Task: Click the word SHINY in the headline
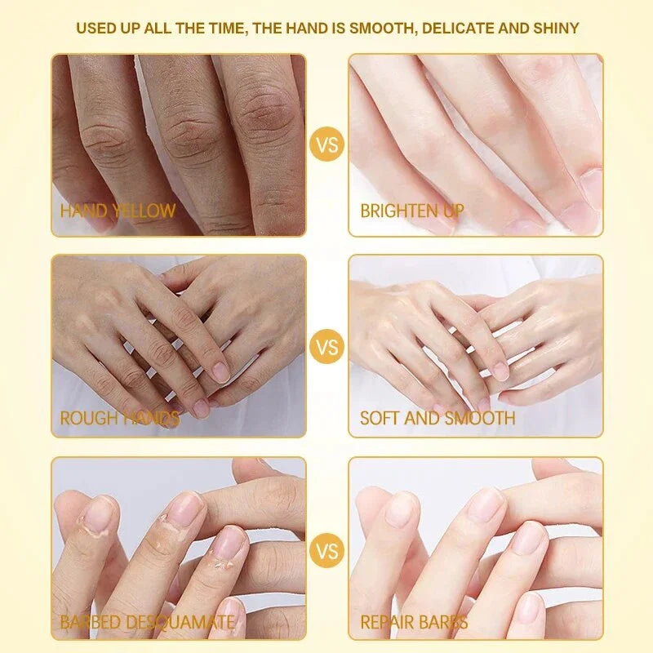[556, 28]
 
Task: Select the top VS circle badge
[326, 145]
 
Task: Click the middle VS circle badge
[326, 348]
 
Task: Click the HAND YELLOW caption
[118, 211]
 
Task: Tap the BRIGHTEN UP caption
[412, 211]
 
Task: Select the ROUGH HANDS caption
[119, 419]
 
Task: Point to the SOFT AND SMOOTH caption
[438, 419]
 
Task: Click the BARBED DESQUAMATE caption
[147, 623]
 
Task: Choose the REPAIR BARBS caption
[414, 623]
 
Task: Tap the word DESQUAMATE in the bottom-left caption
[180, 623]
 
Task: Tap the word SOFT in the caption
[380, 419]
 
